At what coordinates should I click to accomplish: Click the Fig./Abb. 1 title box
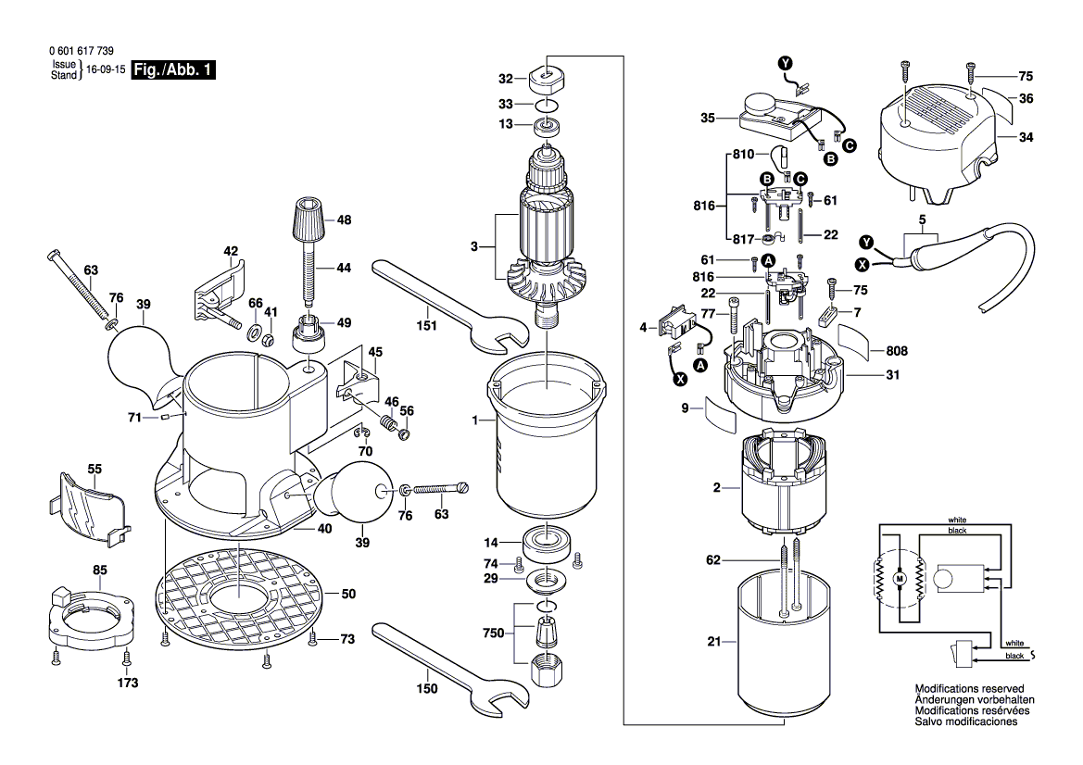[x=173, y=70]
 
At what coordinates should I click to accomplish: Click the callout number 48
[x=345, y=220]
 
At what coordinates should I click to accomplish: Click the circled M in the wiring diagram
[x=897, y=579]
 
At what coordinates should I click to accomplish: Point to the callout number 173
[x=127, y=683]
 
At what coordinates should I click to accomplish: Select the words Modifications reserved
[x=968, y=689]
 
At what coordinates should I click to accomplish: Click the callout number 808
[x=897, y=352]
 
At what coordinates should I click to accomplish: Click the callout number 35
[x=708, y=118]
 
